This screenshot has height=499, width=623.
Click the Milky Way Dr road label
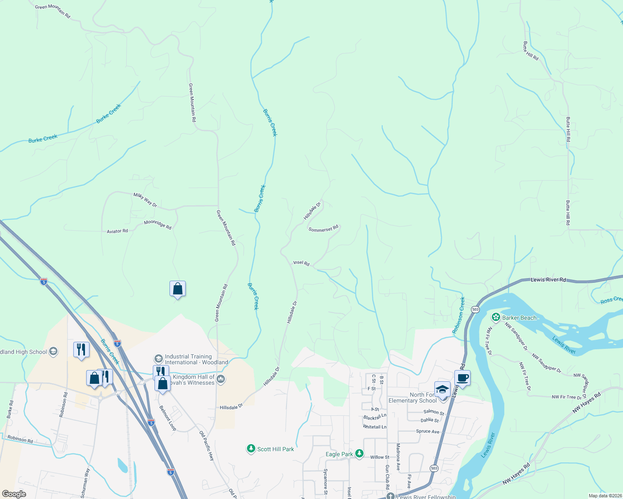(145, 200)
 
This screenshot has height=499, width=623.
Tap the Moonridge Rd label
(157, 225)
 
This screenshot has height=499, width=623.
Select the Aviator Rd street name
(117, 231)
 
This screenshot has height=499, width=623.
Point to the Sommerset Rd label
(323, 229)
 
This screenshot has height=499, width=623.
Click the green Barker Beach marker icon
(496, 318)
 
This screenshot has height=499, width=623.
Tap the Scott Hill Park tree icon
(251, 449)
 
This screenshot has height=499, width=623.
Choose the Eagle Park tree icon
(360, 454)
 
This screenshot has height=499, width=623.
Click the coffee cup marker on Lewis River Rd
(462, 378)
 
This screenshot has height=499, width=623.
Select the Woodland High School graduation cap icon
(53, 352)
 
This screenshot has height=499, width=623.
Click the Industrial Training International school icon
(158, 358)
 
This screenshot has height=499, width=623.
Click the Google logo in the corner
(14, 494)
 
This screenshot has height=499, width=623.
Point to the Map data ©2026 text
(605, 496)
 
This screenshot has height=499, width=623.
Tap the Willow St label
(379, 457)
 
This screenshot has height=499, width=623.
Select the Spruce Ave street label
(427, 431)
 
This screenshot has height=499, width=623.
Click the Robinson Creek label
(459, 315)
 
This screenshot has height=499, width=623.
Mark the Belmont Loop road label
(168, 418)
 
